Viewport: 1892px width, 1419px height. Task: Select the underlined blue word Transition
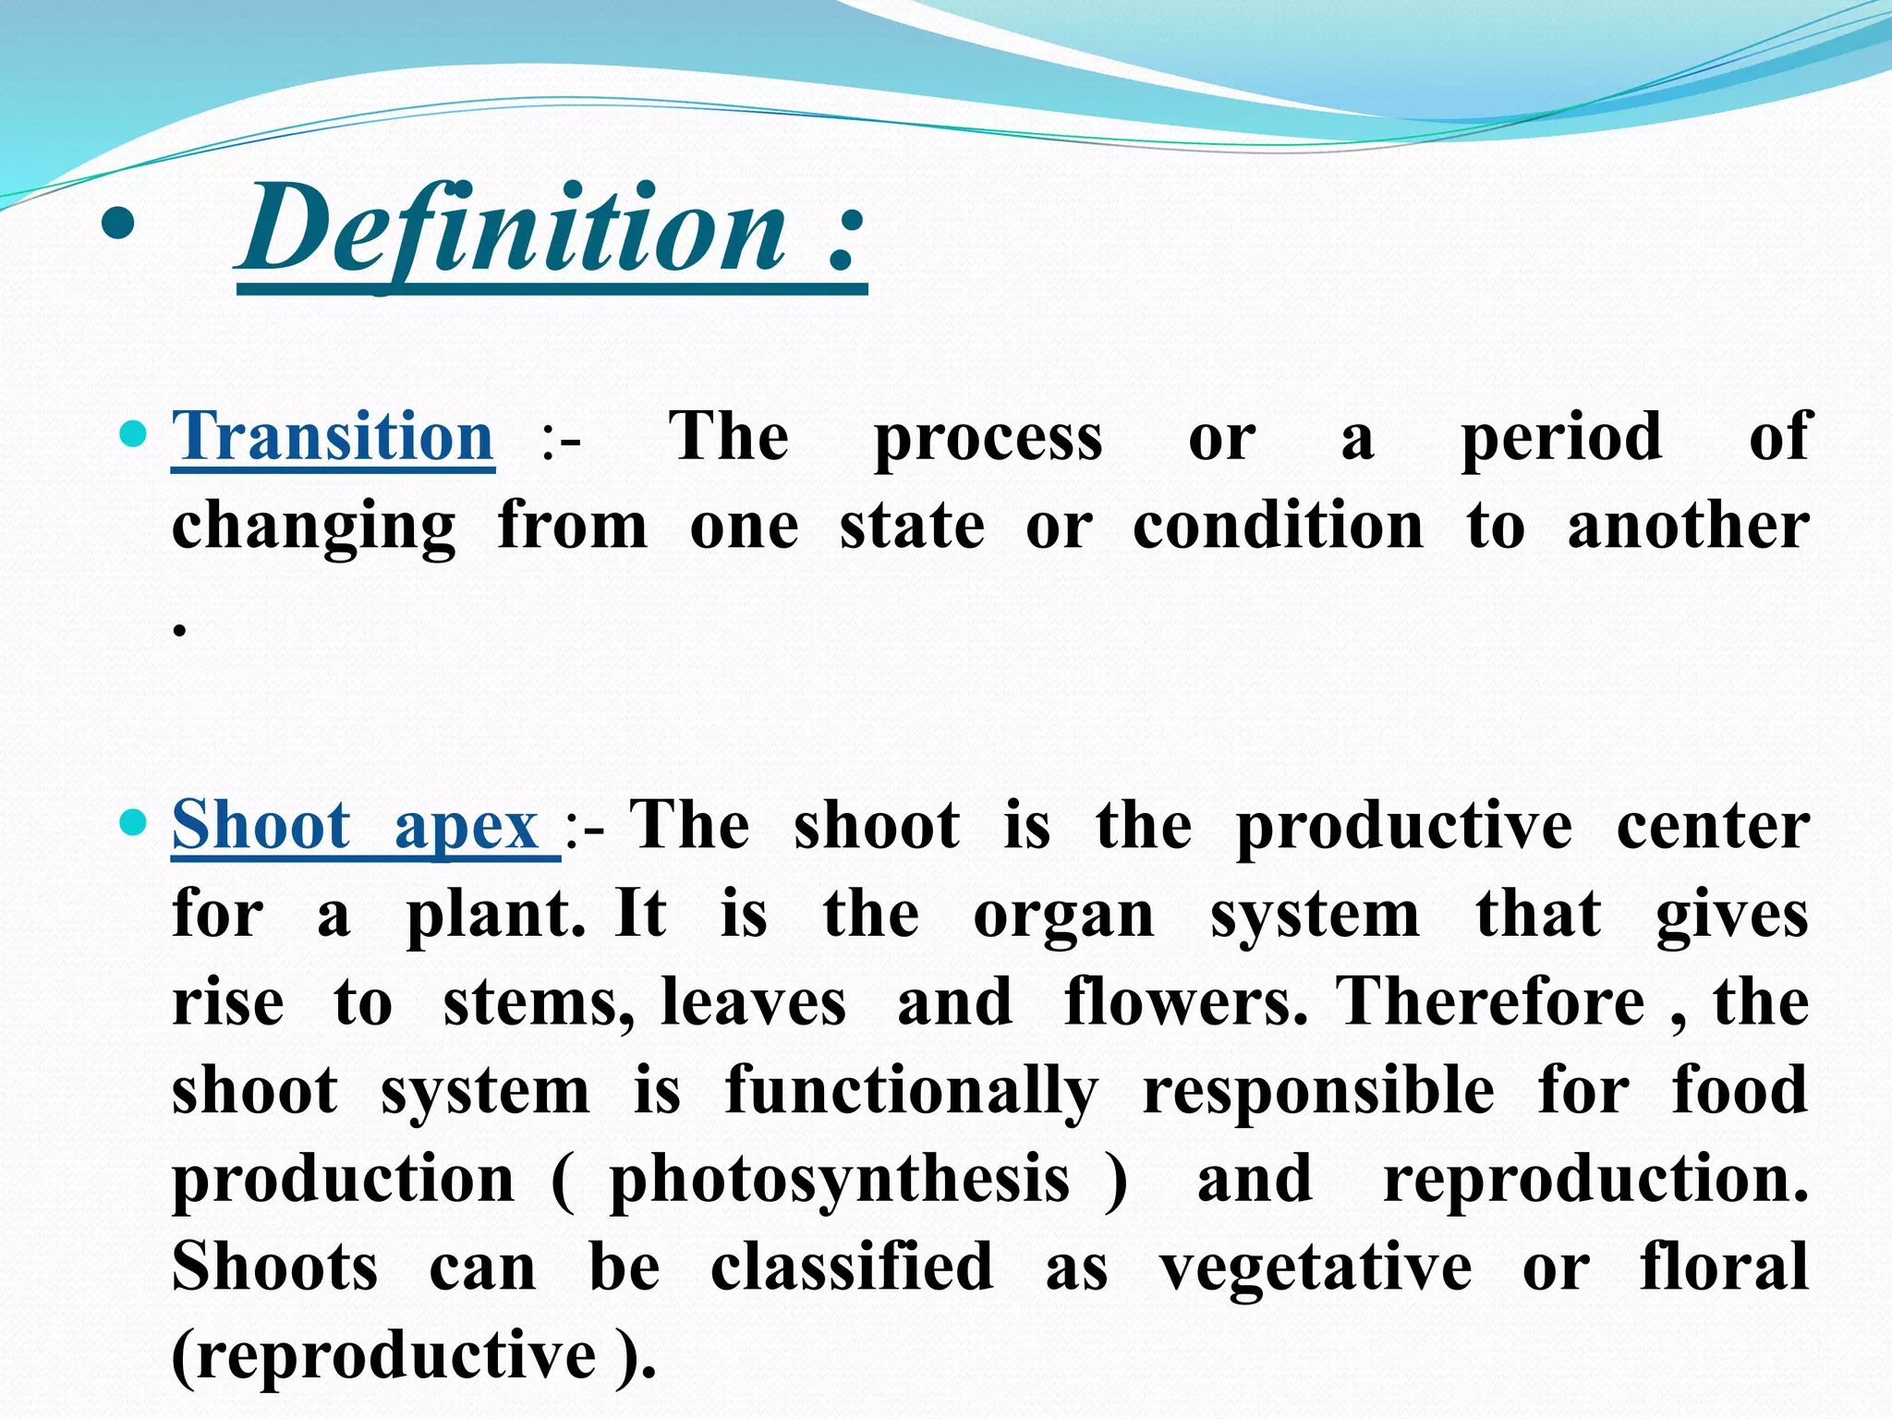333,437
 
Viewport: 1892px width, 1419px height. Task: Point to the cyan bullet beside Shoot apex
134,820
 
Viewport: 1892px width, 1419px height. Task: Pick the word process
988,439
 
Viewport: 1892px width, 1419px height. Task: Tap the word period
1561,439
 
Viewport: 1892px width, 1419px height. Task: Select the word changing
314,528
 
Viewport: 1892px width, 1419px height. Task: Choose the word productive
1403,827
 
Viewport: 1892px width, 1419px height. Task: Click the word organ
1063,916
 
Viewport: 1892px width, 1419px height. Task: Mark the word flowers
1185,1003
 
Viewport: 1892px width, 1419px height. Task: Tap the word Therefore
1490,1003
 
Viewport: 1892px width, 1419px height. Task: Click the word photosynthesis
840,1182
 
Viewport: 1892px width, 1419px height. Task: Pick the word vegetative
1316,1267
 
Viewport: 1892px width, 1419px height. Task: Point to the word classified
852,1267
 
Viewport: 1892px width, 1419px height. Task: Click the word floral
1724,1267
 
